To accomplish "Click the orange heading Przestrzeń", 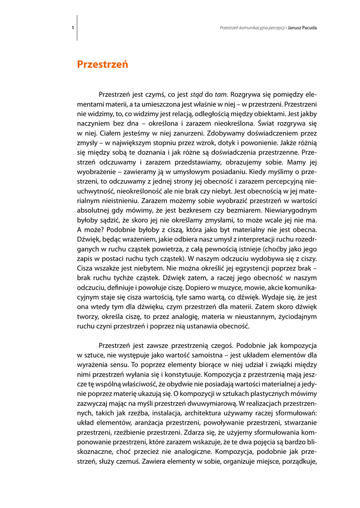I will (103, 64).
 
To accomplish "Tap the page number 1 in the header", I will (73, 28).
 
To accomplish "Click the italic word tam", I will (221, 94).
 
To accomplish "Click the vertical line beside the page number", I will (77, 28).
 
